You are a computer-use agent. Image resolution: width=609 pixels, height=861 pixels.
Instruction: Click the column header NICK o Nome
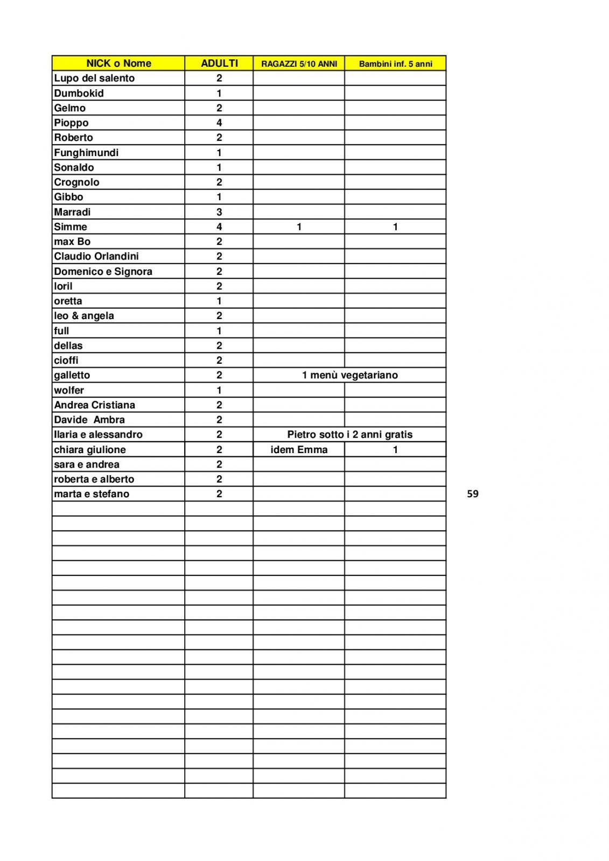[118, 63]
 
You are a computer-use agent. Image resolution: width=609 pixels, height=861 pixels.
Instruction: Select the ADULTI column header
[219, 63]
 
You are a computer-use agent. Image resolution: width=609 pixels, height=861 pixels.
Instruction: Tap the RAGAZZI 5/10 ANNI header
[299, 64]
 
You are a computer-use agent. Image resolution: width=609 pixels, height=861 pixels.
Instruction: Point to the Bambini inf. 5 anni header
[395, 64]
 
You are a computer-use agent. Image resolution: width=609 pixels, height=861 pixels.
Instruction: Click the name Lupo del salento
[94, 78]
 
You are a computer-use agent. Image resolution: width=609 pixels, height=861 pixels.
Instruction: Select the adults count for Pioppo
[219, 123]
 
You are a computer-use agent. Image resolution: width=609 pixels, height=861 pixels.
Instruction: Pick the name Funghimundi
[86, 152]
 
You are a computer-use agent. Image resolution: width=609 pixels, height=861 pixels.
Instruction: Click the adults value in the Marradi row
[219, 212]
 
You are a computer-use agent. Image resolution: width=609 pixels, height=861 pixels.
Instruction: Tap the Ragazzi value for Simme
[299, 227]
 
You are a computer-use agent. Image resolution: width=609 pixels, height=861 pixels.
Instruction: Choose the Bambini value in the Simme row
[395, 227]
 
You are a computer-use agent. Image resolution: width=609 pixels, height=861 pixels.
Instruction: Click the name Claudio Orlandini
[96, 256]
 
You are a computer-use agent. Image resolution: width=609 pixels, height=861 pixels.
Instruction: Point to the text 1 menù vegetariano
[350, 375]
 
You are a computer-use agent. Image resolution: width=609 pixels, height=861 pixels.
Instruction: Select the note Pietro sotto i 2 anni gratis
[350, 434]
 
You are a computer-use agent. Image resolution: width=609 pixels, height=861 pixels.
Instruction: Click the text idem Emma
[299, 449]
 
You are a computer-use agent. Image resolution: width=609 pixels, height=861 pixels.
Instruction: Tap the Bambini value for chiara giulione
[395, 449]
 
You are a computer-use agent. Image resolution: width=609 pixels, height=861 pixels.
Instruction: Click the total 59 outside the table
[473, 494]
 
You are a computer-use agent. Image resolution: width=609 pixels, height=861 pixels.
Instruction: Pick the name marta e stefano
[92, 494]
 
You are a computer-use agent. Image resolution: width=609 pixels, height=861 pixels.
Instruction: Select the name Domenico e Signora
[103, 271]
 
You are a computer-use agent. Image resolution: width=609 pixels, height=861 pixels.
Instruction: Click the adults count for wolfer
[219, 390]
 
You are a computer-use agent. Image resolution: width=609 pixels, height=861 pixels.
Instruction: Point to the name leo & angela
[84, 316]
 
